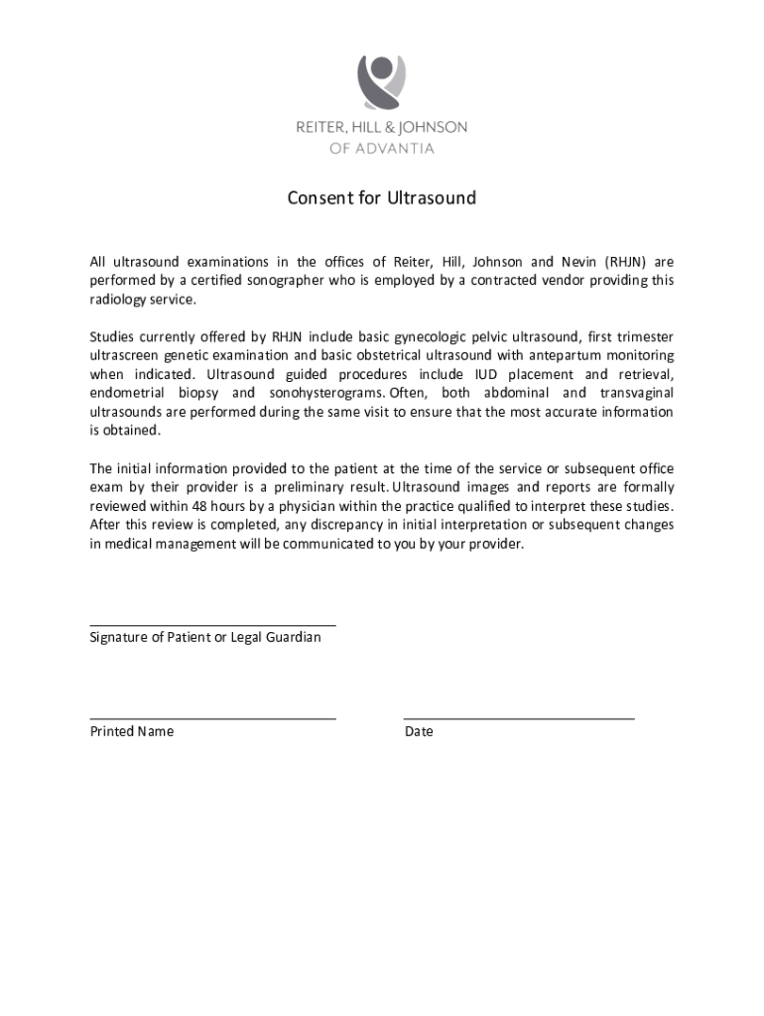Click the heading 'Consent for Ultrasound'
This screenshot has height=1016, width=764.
[382, 198]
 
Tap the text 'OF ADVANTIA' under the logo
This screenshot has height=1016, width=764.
[382, 149]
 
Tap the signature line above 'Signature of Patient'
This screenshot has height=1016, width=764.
[212, 625]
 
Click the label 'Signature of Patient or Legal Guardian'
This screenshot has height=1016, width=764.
[205, 637]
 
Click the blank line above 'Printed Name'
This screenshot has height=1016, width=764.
[212, 717]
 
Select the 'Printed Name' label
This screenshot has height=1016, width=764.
[132, 731]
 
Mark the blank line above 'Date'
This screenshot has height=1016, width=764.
[519, 717]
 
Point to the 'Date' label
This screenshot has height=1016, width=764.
[419, 731]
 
